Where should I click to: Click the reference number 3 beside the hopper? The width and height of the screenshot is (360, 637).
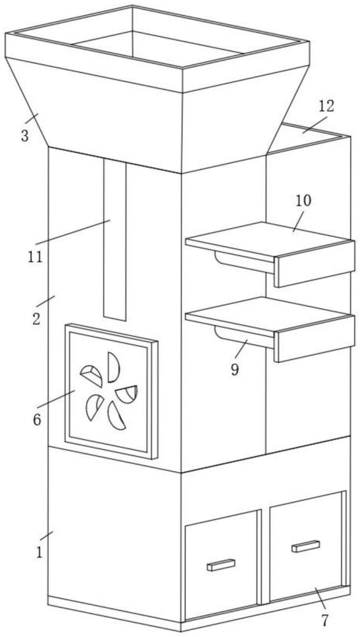click(25, 135)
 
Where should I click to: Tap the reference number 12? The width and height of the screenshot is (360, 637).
click(326, 106)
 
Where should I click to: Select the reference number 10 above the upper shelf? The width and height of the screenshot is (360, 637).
click(303, 200)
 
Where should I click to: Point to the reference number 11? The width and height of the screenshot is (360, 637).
click(35, 257)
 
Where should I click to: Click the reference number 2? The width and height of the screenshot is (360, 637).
click(36, 319)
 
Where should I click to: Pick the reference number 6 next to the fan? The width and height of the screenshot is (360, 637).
click(37, 420)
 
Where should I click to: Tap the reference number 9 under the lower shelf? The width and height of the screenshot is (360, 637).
click(235, 370)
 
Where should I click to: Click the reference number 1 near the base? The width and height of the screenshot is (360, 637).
click(40, 553)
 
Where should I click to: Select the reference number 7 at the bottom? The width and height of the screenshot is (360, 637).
click(324, 620)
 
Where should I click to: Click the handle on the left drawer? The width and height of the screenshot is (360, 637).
click(221, 565)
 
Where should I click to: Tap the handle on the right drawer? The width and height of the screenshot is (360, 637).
click(306, 547)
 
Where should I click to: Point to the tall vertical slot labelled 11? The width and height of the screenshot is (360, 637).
click(115, 239)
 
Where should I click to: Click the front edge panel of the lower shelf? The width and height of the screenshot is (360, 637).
click(315, 339)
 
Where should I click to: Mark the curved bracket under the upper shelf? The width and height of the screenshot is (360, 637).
click(244, 262)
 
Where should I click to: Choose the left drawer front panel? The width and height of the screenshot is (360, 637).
click(221, 566)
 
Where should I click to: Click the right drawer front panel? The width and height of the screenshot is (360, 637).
click(306, 547)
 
